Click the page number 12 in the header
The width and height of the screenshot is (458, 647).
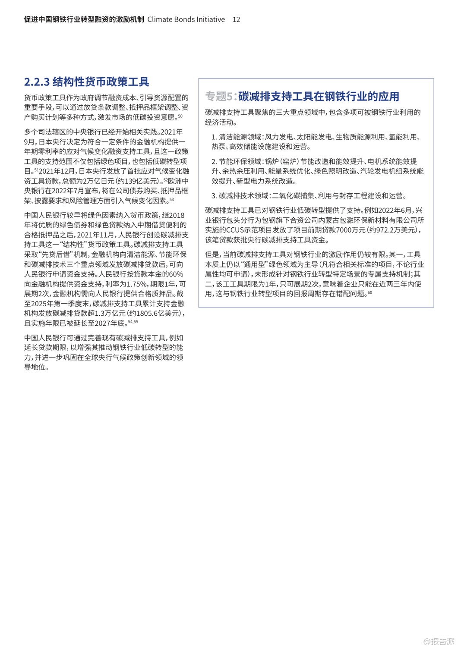click(236, 19)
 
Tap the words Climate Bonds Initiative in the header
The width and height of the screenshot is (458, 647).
click(186, 19)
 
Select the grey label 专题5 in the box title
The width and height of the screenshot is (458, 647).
click(219, 96)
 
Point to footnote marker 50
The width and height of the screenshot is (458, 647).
click(180, 116)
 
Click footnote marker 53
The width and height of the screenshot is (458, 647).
click(172, 199)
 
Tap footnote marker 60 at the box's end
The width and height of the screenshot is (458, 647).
click(370, 293)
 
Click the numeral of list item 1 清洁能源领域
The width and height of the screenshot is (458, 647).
click(214, 137)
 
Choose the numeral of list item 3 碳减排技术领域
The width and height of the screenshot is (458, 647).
click(214, 196)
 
